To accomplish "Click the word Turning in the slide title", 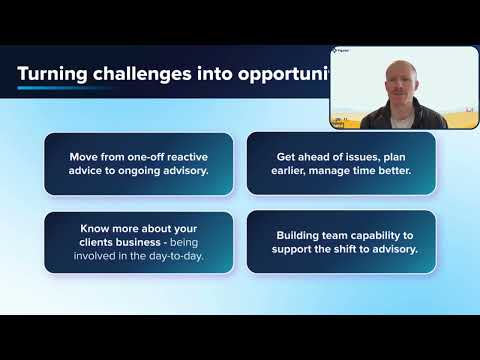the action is tap(52, 74).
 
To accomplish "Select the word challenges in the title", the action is tap(142, 74).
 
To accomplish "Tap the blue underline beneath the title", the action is tap(63, 88).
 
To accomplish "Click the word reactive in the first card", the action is tap(187, 157).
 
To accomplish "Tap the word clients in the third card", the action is tap(96, 242).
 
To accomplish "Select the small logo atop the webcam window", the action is tap(340, 51).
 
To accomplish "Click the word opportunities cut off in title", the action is tap(284, 75).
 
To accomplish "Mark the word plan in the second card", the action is tap(394, 157).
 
